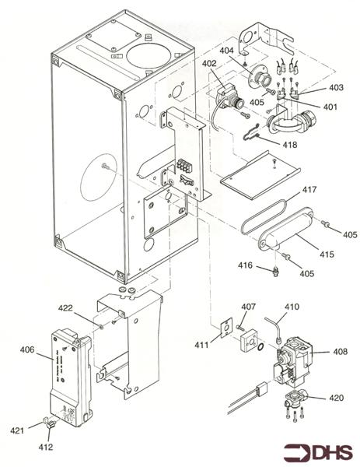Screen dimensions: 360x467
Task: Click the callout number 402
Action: pos(210,64)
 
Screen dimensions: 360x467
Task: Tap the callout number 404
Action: pos(227,51)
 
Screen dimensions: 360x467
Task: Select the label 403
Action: pos(336,87)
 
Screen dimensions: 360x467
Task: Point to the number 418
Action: pos(290,145)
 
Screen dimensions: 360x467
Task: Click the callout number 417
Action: pos(309,189)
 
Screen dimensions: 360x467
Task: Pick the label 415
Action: pos(327,255)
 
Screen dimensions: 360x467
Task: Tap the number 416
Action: pos(245,265)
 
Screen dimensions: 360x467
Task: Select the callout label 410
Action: pos(292,307)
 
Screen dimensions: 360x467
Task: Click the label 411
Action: pos(201,345)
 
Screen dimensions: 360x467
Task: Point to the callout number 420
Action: pos(337,398)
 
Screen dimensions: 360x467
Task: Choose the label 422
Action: pos(65,307)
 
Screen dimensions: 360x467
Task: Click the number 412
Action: pos(46,447)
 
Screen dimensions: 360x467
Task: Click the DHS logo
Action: pos(318,453)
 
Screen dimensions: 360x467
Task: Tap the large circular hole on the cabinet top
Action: pos(149,56)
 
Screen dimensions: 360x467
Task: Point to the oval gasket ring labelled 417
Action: pos(264,216)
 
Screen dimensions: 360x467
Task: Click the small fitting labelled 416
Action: pos(276,272)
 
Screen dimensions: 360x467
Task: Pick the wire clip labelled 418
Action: pos(252,132)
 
